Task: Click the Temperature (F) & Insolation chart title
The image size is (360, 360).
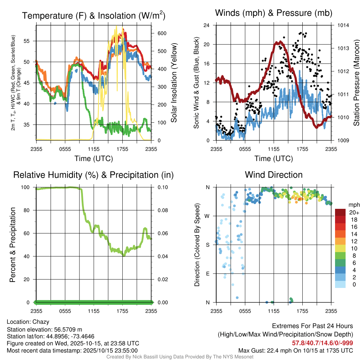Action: pyautogui.click(x=94, y=15)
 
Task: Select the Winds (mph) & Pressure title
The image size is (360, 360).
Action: pyautogui.click(x=274, y=13)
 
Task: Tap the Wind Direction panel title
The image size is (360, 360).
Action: pyautogui.click(x=274, y=175)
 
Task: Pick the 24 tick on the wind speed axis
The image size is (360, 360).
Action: pyautogui.click(x=207, y=25)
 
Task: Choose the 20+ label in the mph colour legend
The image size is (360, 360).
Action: pyautogui.click(x=354, y=213)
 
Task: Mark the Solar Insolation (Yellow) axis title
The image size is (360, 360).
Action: pyautogui.click(x=174, y=83)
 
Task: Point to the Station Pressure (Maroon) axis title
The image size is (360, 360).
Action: pyautogui.click(x=356, y=83)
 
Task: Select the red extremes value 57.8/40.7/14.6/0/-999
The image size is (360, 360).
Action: pyautogui.click(x=322, y=343)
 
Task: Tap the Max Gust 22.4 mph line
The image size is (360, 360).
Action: pyautogui.click(x=295, y=350)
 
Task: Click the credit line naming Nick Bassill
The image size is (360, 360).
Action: pyautogui.click(x=180, y=357)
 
